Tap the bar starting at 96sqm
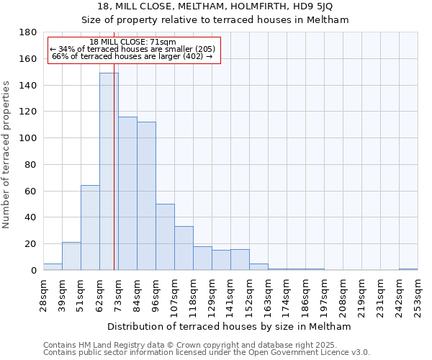pos(165,237)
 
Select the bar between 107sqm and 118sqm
pos(184,248)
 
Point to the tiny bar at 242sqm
pos(408,269)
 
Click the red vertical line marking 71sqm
pos(114,180)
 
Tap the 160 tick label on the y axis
pos(29,59)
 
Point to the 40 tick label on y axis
pos(31,217)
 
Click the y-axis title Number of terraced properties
pos(7,154)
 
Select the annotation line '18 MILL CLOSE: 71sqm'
pos(133,42)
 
